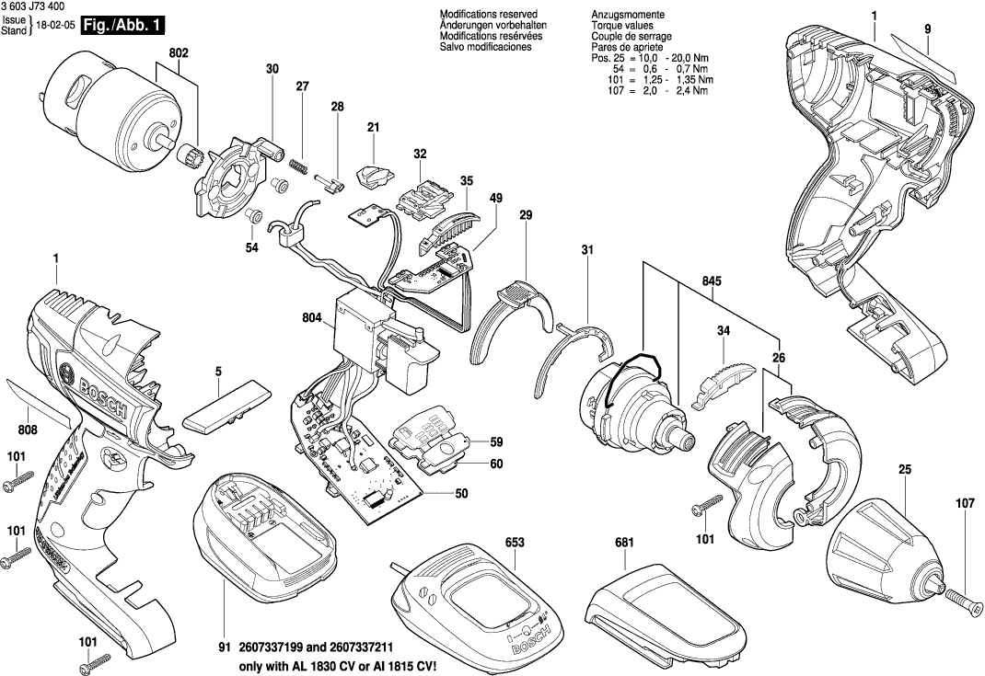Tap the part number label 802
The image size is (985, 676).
pos(180,53)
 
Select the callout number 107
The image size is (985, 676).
pos(964,503)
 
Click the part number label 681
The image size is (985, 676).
pos(625,544)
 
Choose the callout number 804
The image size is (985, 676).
pos(312,319)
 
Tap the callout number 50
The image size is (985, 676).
pos(461,494)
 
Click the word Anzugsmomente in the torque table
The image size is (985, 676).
pos(625,16)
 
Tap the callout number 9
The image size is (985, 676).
pos(928,30)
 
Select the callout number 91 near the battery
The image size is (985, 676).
pos(224,648)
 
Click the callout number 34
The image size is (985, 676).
pos(724,329)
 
